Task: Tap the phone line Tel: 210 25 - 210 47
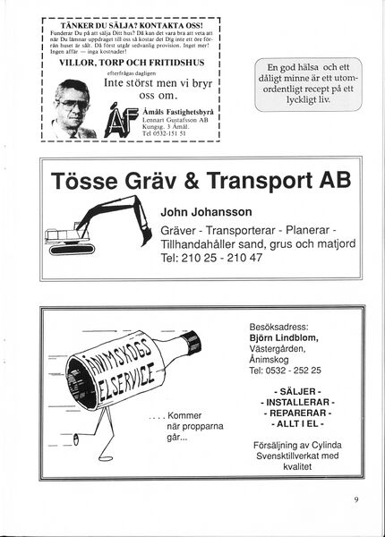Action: (x=210, y=258)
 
